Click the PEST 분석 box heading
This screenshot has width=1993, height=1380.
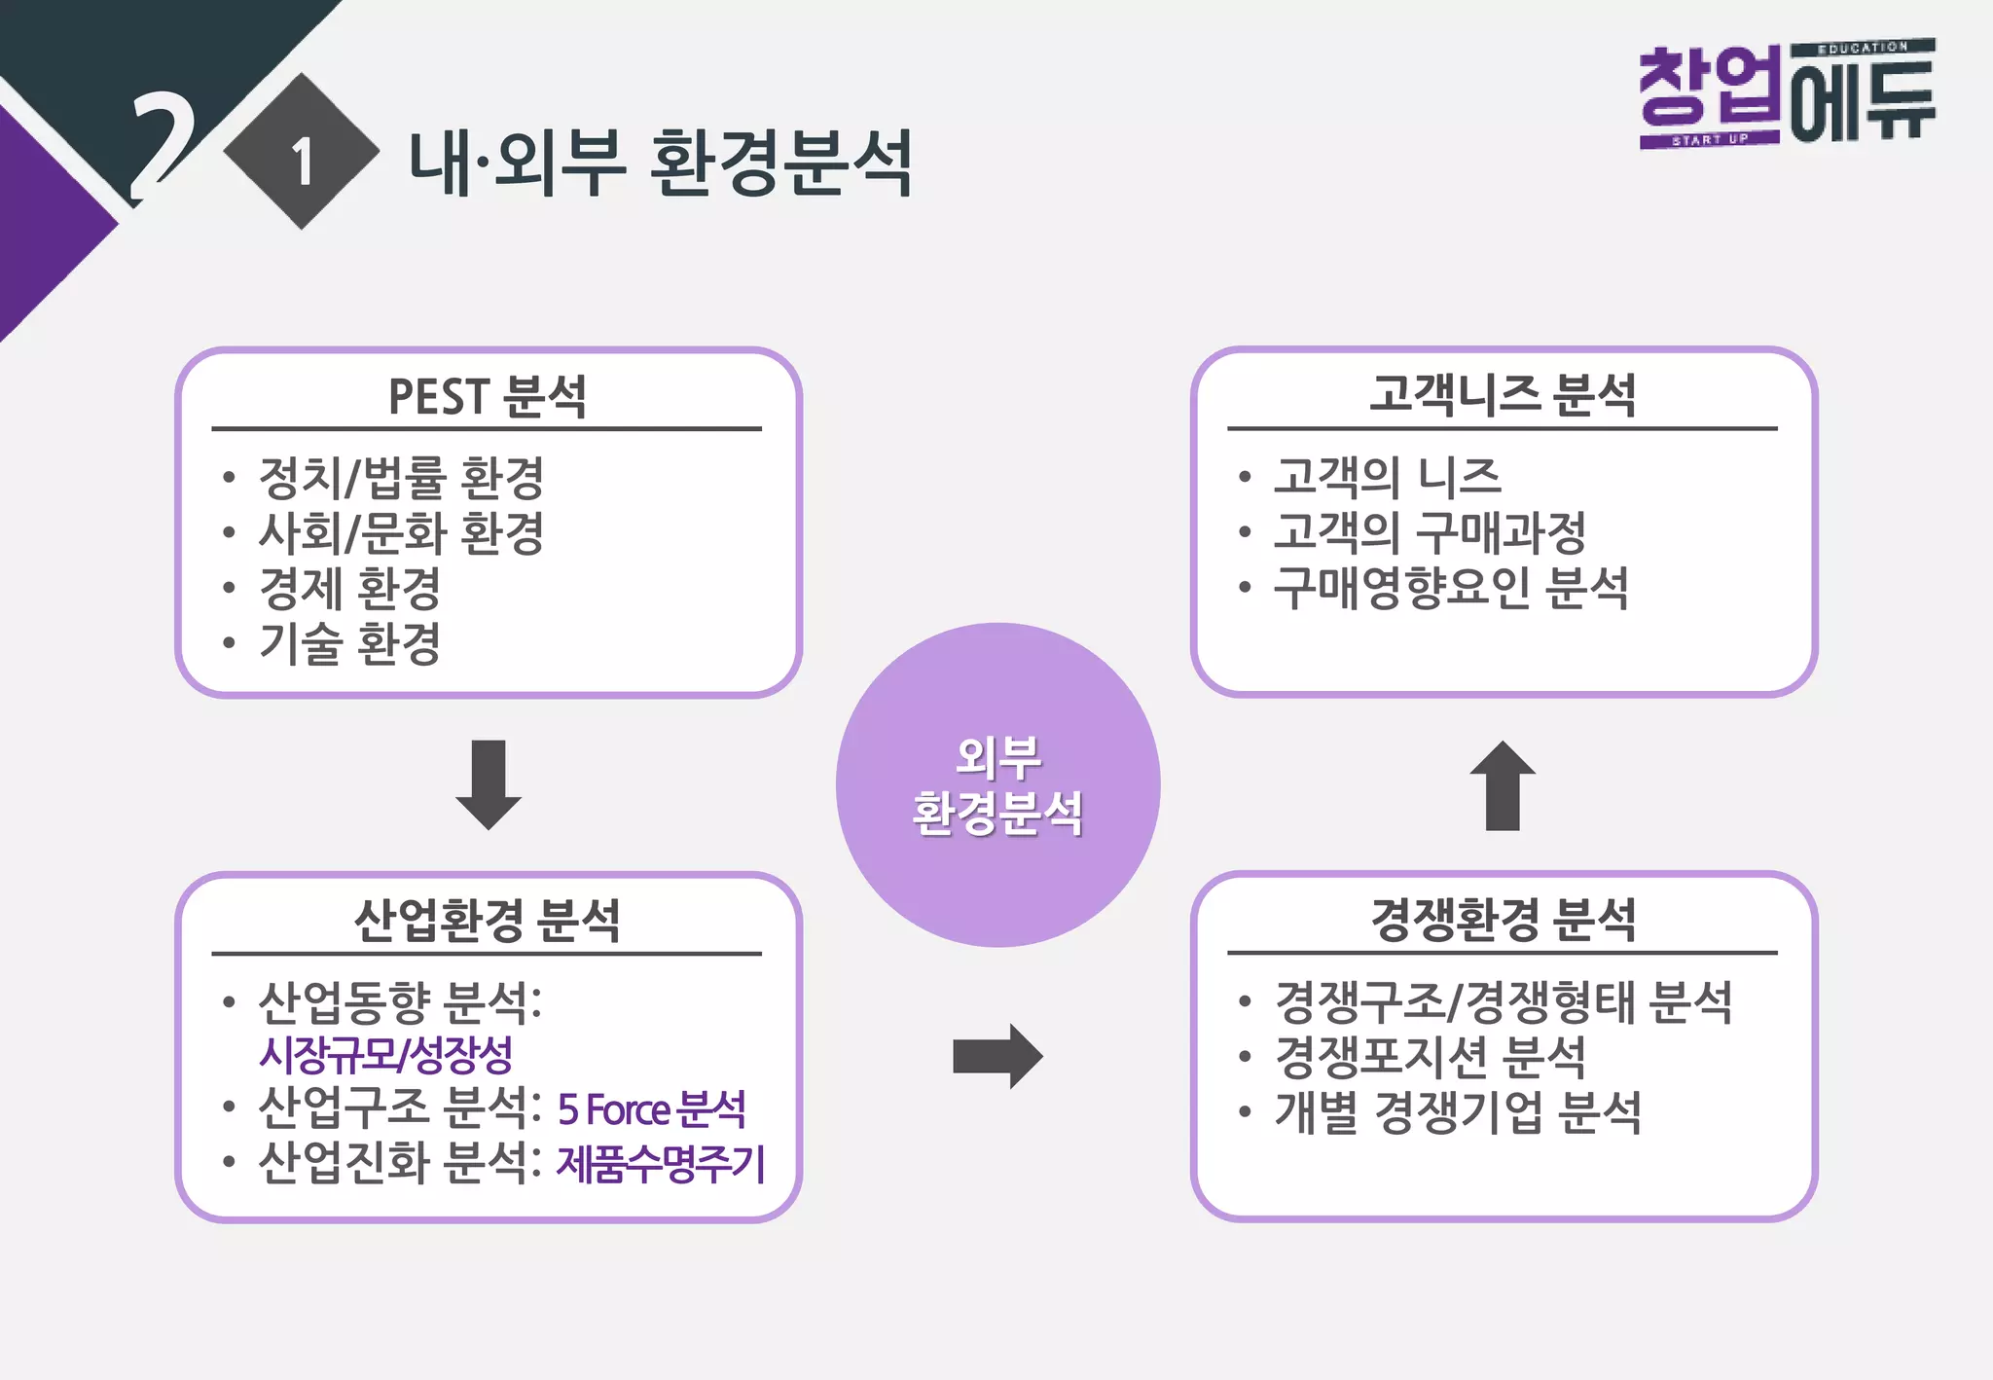coord(487,397)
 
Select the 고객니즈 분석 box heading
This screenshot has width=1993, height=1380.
coord(1503,395)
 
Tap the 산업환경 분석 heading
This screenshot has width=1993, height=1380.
coord(487,920)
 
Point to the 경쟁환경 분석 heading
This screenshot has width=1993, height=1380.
coord(1503,920)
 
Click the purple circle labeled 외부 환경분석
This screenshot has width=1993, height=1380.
coord(997,784)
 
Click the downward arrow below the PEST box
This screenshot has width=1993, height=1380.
coord(489,784)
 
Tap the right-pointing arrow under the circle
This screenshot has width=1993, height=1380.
coord(997,1056)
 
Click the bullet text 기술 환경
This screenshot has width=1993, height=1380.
coord(349,643)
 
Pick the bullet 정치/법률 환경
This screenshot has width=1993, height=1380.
coord(401,477)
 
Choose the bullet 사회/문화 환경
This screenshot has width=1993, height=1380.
coord(401,532)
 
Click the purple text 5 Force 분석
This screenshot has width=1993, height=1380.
coord(651,1109)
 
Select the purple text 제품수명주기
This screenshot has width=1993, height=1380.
coord(661,1164)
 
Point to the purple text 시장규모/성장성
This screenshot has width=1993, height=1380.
coord(385,1054)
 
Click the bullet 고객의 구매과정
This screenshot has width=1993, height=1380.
coord(1430,532)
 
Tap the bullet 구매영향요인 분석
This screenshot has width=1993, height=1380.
coord(1450,588)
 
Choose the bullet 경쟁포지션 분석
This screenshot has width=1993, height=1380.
coord(1430,1057)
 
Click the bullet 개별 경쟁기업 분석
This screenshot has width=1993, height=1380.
coord(1457,1112)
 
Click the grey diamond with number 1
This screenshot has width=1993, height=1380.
coord(302,152)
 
